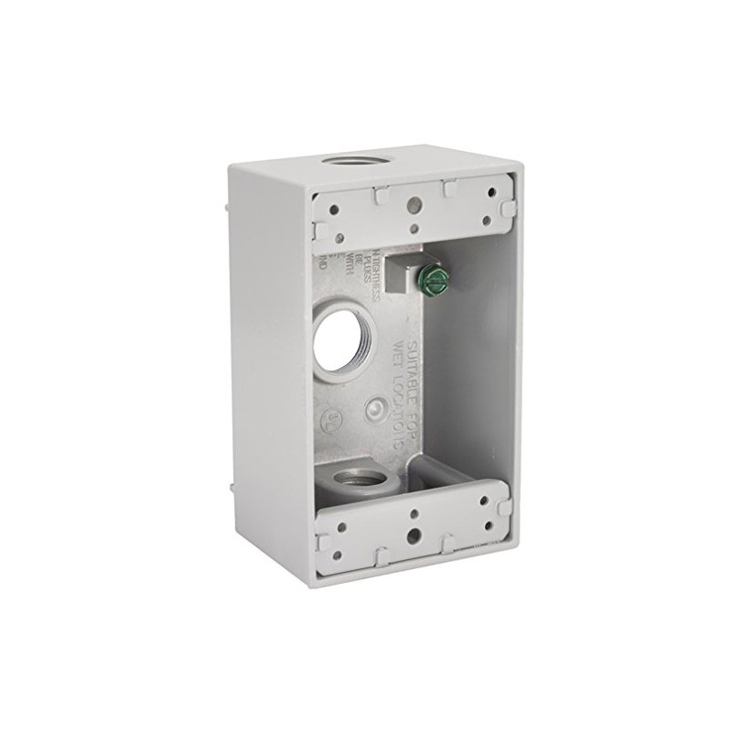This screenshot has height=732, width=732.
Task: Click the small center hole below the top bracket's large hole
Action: click(x=415, y=230)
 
